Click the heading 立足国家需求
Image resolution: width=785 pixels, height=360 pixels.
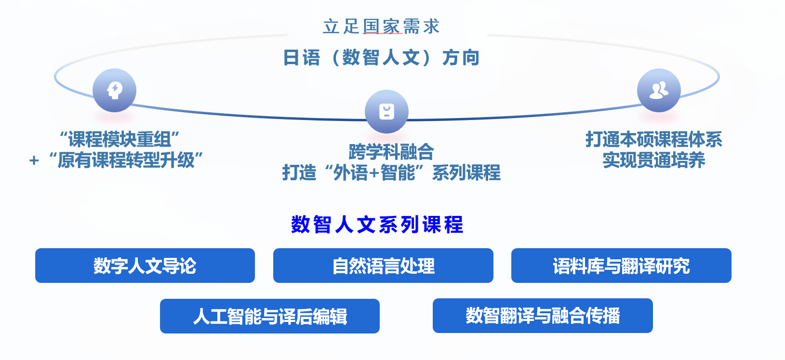[381, 27]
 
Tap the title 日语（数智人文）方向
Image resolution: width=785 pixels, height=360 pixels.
[381, 57]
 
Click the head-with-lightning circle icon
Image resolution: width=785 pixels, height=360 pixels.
[114, 91]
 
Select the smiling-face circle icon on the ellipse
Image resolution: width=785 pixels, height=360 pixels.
[386, 111]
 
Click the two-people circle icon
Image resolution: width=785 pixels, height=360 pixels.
[659, 91]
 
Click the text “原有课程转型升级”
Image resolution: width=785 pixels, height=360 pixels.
[126, 160]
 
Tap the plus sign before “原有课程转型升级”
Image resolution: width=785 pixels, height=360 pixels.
[34, 160]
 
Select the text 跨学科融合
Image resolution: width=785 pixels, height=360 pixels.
[391, 152]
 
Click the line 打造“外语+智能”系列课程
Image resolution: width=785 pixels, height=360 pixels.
[391, 173]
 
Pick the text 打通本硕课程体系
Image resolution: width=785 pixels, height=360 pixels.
[653, 139]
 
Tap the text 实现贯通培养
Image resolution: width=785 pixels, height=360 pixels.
[653, 160]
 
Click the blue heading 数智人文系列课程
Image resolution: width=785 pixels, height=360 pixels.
[377, 225]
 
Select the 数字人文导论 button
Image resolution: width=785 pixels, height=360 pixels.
[145, 266]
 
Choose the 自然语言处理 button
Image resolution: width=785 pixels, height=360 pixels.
[384, 266]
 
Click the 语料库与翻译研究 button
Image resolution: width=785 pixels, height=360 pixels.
[621, 266]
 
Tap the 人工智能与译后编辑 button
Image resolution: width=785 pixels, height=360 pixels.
[270, 316]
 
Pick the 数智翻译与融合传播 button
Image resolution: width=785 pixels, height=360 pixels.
[543, 316]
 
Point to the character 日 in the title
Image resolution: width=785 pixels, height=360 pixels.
[291, 58]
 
